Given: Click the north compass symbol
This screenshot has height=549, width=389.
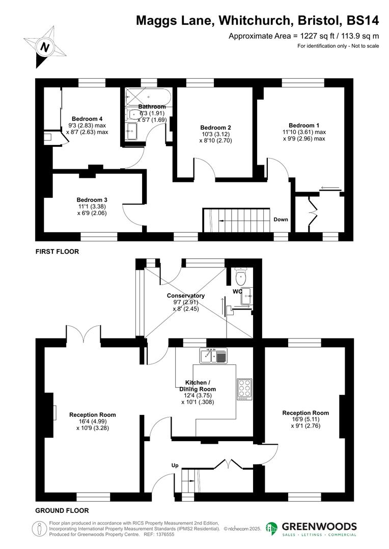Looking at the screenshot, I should click(45, 47).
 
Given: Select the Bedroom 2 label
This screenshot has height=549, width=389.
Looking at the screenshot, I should click(215, 128).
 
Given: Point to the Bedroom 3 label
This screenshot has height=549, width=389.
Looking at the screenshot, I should click(92, 200).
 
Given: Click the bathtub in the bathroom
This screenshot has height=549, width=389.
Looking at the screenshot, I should click(148, 95).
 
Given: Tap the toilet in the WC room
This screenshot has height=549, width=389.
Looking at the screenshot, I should click(242, 276).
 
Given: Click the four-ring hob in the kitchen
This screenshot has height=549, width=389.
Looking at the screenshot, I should click(244, 390).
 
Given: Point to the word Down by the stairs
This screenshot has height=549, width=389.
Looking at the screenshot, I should click(281, 220).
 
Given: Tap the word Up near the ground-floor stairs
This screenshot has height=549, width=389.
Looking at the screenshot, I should click(174, 465).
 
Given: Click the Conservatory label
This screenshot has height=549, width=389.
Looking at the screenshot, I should click(185, 296).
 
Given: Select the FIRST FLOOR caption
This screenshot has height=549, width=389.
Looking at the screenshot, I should click(57, 252).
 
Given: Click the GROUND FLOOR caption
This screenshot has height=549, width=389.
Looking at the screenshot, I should click(62, 510).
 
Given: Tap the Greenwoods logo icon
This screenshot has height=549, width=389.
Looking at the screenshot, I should click(272, 529).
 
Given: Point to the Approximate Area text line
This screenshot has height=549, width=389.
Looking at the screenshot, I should click(303, 36).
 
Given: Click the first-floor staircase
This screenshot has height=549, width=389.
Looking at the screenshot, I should click(236, 220).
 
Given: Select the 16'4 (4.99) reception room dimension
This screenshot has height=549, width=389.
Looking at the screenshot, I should click(92, 421).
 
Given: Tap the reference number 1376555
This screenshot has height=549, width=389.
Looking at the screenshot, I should click(163, 534).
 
